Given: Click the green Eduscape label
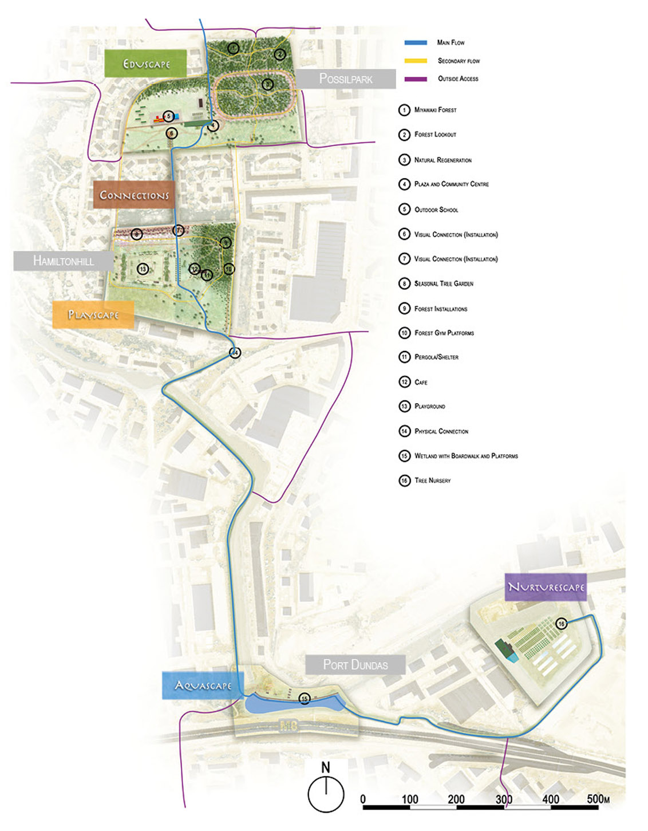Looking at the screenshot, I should point(146,64).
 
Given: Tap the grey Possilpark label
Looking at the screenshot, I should point(345,79).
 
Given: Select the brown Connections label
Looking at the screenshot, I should point(134,195).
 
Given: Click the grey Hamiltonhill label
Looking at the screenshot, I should point(64,261).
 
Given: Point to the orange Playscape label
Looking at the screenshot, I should point(93,315).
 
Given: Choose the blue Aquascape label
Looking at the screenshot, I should point(203,686).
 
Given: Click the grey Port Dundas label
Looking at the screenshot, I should point(355,665).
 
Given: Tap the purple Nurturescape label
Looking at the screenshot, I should point(546,587).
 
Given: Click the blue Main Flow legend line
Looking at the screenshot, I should point(416,43).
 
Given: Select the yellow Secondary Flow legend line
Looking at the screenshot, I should point(416,61).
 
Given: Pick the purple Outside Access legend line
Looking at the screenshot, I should point(416,79).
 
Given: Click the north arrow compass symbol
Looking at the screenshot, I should point(326,794).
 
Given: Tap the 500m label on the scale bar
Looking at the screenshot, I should point(598,799).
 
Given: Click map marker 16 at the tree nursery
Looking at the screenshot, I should point(562,624).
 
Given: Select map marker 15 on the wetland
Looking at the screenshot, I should point(305,699).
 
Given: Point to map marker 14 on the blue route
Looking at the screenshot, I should point(235,353).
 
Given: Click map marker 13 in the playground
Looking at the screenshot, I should point(143,269).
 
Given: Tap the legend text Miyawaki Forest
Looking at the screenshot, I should point(435,110).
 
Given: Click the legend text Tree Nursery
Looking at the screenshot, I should point(432,481).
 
